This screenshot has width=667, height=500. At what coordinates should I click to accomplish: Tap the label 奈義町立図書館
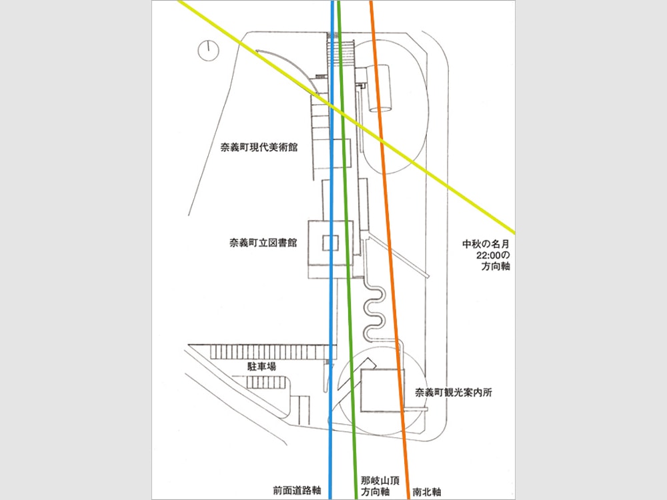click(x=260, y=244)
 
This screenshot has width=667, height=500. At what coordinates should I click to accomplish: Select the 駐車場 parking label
click(x=262, y=367)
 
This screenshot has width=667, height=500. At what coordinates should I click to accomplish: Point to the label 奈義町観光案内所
click(x=454, y=393)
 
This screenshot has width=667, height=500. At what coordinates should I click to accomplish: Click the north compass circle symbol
click(x=208, y=50)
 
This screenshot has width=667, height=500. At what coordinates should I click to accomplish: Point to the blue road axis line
click(x=331, y=300)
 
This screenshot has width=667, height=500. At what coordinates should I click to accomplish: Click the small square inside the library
click(x=331, y=243)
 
